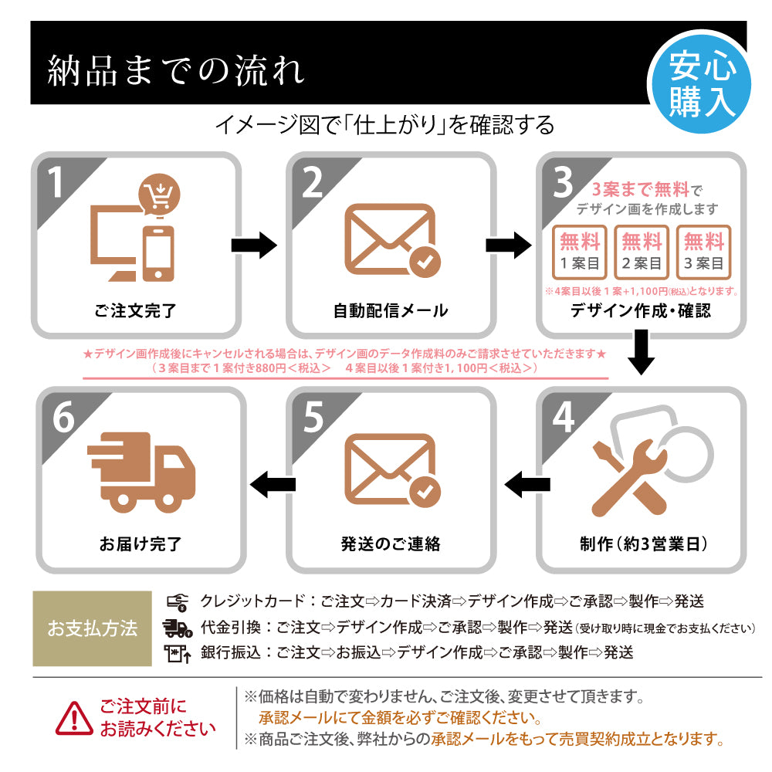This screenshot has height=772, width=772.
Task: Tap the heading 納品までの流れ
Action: [x=176, y=70]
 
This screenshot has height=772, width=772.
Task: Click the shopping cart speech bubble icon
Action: [x=160, y=196]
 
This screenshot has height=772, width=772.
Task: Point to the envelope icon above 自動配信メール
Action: [x=391, y=239]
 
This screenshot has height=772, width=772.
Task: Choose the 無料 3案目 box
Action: [x=703, y=252]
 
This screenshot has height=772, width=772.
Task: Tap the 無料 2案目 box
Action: [x=642, y=252]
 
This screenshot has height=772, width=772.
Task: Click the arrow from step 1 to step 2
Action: [x=254, y=245]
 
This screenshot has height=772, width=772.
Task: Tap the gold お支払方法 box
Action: [x=92, y=628]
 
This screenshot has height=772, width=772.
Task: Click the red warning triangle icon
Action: [x=75, y=717]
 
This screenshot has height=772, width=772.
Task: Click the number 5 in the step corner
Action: [x=313, y=418]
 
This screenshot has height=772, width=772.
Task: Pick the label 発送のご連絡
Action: [x=391, y=543]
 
